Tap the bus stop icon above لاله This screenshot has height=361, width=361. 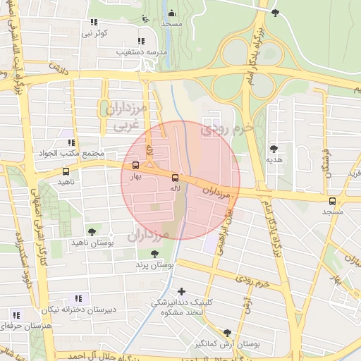click(x=176, y=178)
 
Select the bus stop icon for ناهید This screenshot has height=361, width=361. click(x=66, y=171)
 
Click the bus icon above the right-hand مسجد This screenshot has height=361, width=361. click(x=333, y=201)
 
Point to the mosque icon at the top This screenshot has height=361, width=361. click(x=171, y=13)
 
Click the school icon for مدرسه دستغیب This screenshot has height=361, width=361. click(x=141, y=41)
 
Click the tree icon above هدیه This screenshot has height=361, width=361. click(x=274, y=149)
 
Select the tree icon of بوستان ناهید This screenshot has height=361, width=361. click(x=91, y=231)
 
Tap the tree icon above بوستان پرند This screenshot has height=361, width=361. click(x=155, y=254)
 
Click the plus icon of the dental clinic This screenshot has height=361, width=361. click(x=182, y=290)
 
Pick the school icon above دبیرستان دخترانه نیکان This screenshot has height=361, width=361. click(x=78, y=298)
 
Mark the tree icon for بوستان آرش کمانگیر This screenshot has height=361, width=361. click(x=227, y=333)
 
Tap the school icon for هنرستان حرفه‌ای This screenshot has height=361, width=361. click(x=16, y=315)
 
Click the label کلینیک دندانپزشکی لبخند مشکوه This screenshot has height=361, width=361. click(x=180, y=307)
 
